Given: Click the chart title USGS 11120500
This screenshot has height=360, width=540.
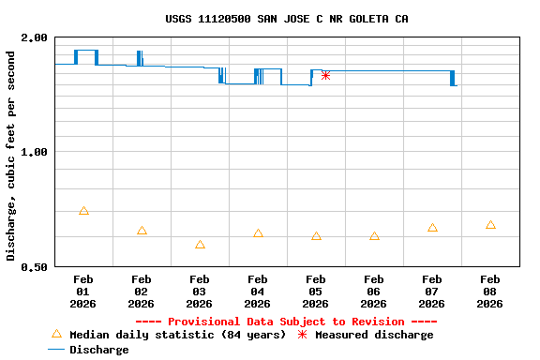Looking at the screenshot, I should click(286, 19).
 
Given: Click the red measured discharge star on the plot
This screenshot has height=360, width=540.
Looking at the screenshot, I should click(325, 75).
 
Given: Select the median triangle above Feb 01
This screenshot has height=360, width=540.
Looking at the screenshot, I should click(83, 211).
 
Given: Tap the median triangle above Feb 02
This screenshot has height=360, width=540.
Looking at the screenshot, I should click(142, 231).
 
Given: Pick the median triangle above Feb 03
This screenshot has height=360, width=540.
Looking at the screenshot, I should click(200, 245).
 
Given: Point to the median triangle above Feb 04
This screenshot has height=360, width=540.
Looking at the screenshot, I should click(258, 233).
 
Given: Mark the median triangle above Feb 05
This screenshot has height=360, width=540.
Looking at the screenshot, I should click(316, 236).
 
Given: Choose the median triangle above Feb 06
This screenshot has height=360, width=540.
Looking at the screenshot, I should click(374, 236).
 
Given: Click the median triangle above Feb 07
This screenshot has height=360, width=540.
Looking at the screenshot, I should click(432, 228).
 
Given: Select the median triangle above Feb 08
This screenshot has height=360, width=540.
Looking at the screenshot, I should click(490, 225).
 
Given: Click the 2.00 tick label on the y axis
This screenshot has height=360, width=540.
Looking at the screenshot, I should click(35, 37).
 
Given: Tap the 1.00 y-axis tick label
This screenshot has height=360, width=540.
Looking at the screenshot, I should click(35, 152).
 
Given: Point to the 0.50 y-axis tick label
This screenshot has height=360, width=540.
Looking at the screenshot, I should click(35, 267).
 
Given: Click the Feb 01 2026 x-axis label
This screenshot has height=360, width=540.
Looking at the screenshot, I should click(83, 291).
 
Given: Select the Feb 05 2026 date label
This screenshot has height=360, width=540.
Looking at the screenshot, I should click(316, 291).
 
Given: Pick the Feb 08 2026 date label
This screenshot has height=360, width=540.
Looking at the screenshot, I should click(490, 291).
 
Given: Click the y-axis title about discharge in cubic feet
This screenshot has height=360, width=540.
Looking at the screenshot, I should click(11, 156).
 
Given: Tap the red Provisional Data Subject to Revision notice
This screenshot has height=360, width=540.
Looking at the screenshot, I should click(286, 322).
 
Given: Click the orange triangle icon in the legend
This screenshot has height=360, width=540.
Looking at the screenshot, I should click(56, 334).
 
